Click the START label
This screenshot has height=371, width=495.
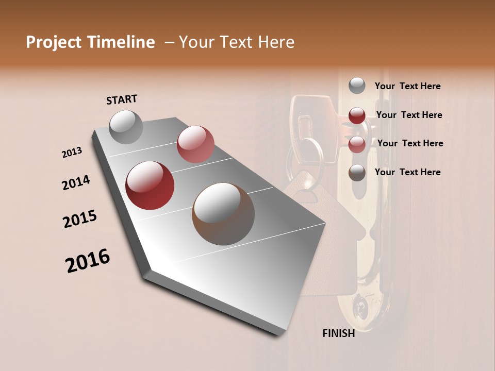[122, 99]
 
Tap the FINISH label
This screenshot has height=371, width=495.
[339, 333]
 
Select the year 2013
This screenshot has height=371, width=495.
[72, 153]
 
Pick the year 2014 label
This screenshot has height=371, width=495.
[76, 183]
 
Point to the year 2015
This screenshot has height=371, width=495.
[80, 218]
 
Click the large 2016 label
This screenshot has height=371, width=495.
[88, 261]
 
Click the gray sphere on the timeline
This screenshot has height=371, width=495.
[126, 127]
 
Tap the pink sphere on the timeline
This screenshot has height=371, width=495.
[195, 144]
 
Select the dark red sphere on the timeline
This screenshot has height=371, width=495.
[150, 185]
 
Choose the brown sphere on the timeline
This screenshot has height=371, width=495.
[223, 214]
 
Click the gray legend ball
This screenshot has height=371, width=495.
[357, 86]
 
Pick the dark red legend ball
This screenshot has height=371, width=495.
[357, 115]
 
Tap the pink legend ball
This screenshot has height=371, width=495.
[357, 144]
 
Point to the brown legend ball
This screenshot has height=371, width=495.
[357, 173]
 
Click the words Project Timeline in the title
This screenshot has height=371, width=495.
[90, 42]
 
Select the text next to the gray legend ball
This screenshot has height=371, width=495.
[407, 86]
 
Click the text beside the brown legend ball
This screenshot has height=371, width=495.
[407, 172]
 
